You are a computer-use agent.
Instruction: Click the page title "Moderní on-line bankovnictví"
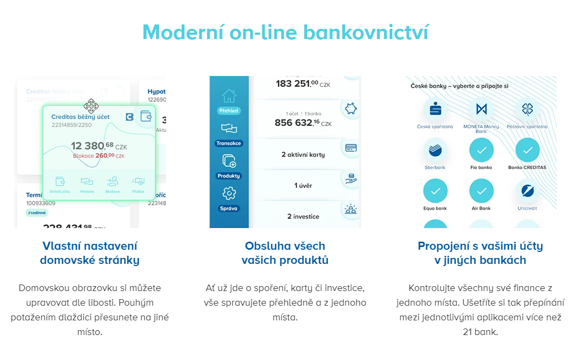click(286, 32)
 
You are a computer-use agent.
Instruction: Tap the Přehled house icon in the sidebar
click(229, 96)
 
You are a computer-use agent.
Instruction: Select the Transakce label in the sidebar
click(229, 143)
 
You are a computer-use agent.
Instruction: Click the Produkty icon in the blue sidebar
click(229, 161)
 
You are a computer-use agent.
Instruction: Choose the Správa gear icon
click(229, 193)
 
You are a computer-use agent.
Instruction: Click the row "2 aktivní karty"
click(303, 155)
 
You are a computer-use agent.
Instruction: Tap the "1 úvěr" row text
click(303, 186)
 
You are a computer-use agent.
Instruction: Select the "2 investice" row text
click(303, 217)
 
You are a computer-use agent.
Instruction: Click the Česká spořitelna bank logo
click(435, 109)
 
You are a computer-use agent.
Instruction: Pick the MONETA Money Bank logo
click(481, 109)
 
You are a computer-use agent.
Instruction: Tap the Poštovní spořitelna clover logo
click(527, 109)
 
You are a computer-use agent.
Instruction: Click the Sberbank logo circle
click(435, 150)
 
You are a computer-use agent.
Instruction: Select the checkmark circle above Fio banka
click(481, 150)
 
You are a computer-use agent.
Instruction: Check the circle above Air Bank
click(481, 191)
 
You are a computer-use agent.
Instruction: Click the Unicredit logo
click(527, 191)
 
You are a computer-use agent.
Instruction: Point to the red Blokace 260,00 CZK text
click(99, 156)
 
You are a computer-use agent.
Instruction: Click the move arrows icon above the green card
click(91, 105)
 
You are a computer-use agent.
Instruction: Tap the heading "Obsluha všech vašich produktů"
click(285, 253)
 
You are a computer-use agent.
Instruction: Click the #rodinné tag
click(37, 213)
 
